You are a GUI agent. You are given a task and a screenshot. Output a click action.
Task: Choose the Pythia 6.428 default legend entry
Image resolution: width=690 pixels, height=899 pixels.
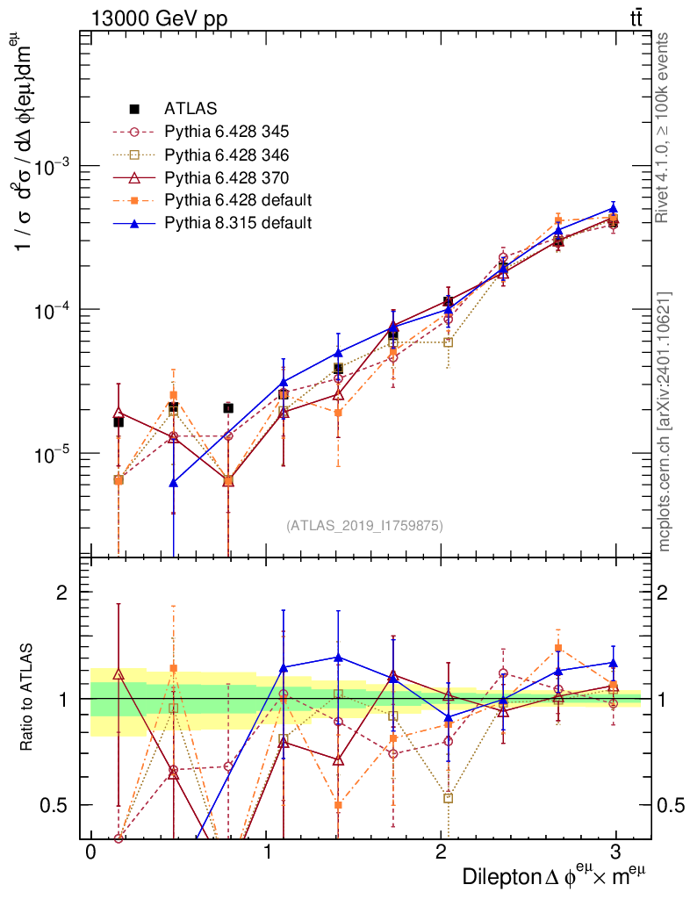coord(238,200)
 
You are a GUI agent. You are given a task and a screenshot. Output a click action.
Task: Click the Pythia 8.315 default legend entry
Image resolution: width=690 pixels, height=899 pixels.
coord(238,223)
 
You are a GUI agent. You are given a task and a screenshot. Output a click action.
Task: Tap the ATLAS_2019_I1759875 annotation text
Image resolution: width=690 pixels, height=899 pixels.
coord(364,526)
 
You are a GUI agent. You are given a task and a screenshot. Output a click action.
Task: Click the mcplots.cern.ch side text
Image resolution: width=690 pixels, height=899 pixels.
coord(665,421)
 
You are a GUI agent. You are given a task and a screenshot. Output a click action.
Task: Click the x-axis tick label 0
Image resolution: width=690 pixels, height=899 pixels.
coord(90,852)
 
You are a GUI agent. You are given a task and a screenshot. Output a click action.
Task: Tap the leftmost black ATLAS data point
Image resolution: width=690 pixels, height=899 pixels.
coord(119,422)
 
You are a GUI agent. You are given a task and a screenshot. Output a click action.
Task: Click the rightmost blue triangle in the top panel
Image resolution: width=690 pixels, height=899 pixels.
coord(614,209)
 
